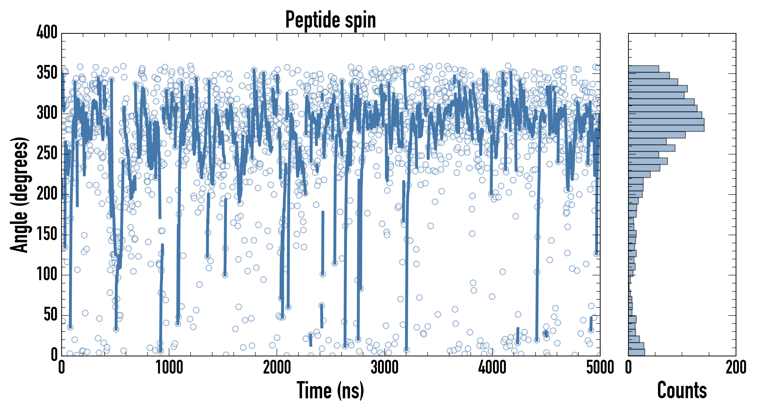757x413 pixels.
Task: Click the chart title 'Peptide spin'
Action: [331, 20]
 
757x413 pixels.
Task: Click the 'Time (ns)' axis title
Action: [331, 390]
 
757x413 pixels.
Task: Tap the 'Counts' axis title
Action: [682, 390]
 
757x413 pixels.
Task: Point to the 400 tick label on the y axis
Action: [47, 32]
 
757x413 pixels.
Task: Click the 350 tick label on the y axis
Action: [47, 73]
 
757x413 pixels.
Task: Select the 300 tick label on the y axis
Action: [47, 113]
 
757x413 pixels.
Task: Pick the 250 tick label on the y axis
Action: [47, 153]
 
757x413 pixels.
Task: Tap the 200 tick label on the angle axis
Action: [47, 194]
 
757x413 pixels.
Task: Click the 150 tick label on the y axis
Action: [47, 234]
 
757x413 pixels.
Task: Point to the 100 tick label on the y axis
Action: [47, 275]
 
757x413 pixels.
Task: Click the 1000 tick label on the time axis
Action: [169, 367]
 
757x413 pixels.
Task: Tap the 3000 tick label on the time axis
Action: [384, 367]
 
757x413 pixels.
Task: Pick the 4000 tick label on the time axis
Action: [492, 367]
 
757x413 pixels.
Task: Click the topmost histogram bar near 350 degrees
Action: [644, 69]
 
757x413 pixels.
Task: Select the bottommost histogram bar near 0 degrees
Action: [637, 352]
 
